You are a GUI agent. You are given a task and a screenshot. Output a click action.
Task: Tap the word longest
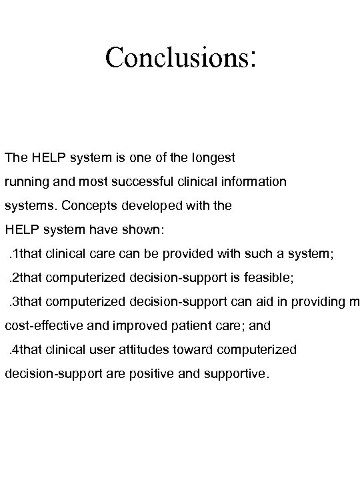211,158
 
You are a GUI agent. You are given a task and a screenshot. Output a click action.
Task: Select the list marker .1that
25,253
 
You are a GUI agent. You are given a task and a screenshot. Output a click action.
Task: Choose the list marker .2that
25,277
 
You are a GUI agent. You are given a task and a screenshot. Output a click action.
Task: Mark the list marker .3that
25,301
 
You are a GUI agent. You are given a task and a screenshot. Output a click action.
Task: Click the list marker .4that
25,349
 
